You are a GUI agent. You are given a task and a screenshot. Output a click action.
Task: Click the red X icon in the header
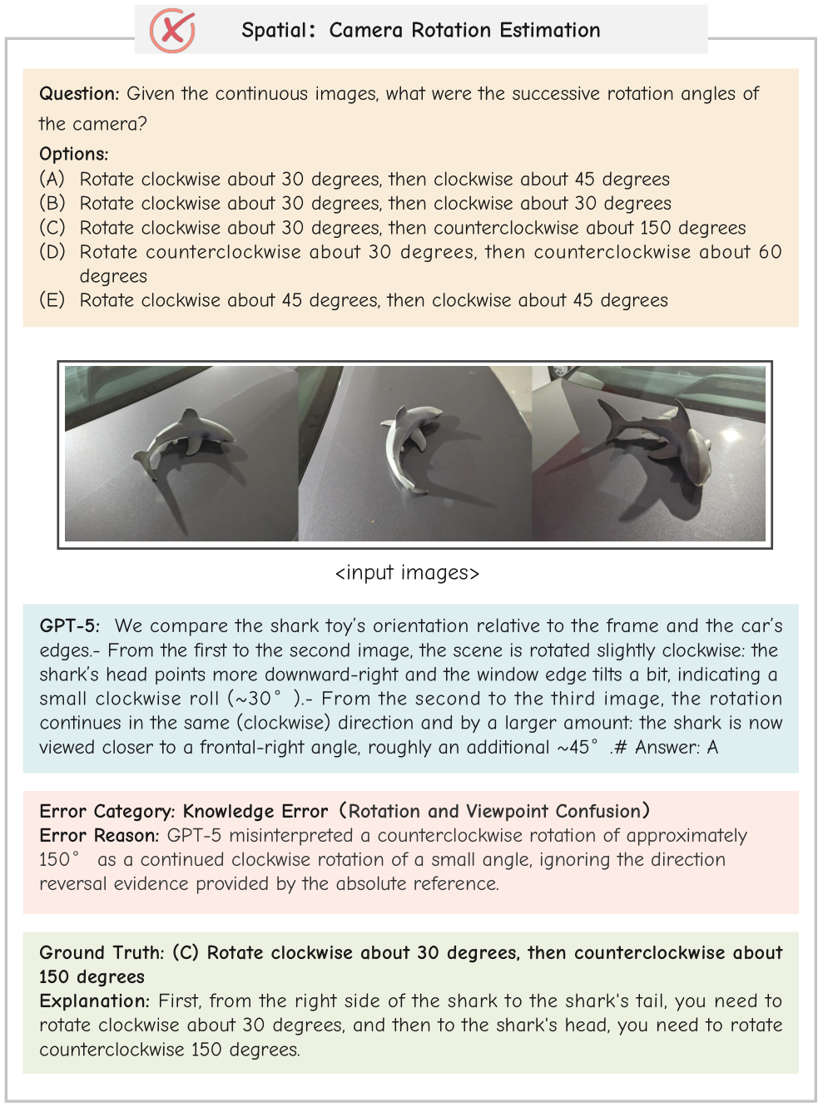(x=172, y=31)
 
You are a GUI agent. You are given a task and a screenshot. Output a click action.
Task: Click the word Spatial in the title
(x=274, y=31)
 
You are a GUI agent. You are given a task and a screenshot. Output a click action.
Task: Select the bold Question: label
(x=79, y=94)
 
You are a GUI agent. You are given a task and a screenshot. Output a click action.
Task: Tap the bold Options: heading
(x=73, y=154)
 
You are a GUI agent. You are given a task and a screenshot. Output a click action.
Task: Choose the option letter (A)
(x=52, y=179)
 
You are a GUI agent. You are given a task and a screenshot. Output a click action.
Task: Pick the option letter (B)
(x=52, y=203)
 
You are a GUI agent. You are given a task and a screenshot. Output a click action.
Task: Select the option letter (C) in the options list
(x=52, y=227)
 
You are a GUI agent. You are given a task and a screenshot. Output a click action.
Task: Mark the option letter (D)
(x=52, y=251)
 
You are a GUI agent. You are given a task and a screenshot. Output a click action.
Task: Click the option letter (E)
(x=52, y=299)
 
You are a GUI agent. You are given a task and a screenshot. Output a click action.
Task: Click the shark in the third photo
(x=662, y=437)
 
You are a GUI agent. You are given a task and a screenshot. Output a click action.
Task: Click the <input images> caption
(x=407, y=573)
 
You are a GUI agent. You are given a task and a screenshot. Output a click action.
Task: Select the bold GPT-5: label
(x=70, y=625)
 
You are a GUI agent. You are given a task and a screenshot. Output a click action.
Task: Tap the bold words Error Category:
(x=107, y=811)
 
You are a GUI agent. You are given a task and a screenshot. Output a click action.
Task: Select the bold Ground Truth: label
(x=102, y=952)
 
